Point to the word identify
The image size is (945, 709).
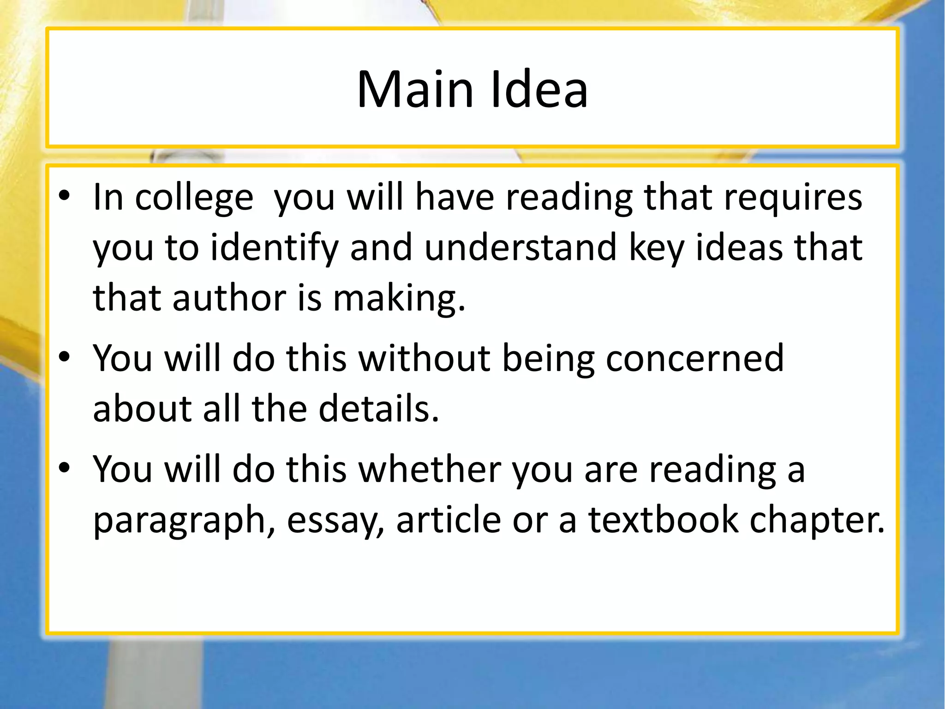click(x=275, y=248)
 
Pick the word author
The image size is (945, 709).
click(x=229, y=298)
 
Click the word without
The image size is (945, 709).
click(x=425, y=358)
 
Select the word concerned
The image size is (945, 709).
click(x=694, y=358)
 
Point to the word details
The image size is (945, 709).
click(x=378, y=409)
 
